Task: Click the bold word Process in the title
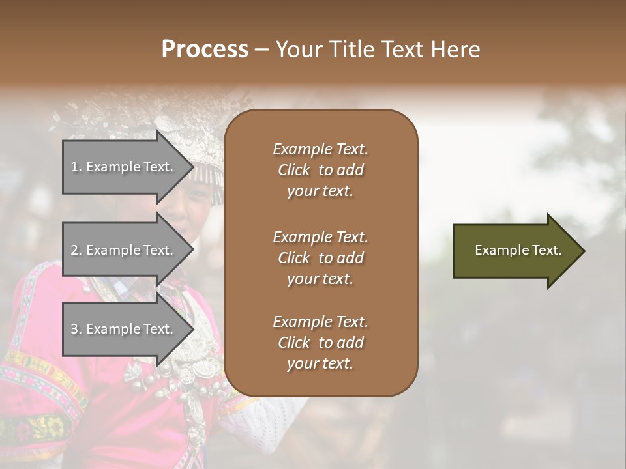(205, 50)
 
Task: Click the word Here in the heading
(456, 50)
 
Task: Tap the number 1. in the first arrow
(76, 167)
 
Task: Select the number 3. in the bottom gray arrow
(76, 330)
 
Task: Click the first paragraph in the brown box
(320, 170)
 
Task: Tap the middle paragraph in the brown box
(320, 258)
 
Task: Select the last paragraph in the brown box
(320, 343)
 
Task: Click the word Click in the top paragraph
(294, 171)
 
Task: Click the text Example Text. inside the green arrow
(518, 250)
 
